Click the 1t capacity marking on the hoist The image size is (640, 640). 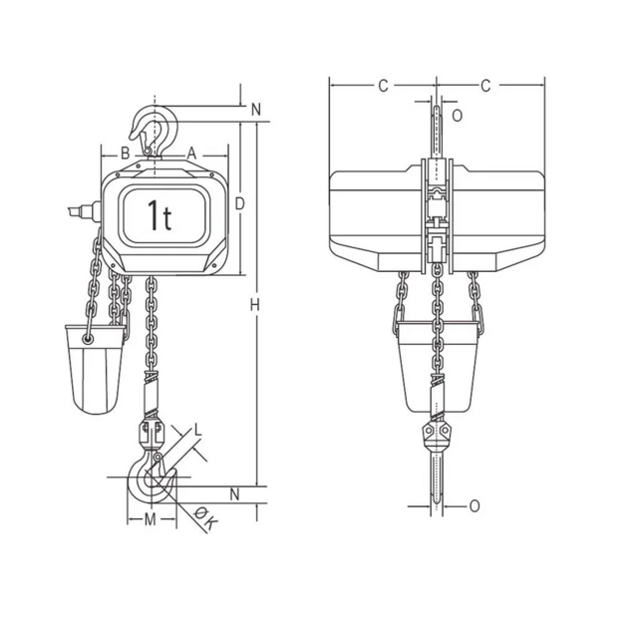[x=160, y=214]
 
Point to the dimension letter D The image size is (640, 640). [x=239, y=203]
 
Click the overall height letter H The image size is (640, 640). [x=255, y=303]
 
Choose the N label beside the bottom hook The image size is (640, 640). [x=234, y=493]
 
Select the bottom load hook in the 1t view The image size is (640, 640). [x=150, y=480]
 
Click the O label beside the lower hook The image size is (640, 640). [x=474, y=506]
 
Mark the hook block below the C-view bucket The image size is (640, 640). [x=438, y=436]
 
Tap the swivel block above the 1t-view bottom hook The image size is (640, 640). [x=152, y=435]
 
